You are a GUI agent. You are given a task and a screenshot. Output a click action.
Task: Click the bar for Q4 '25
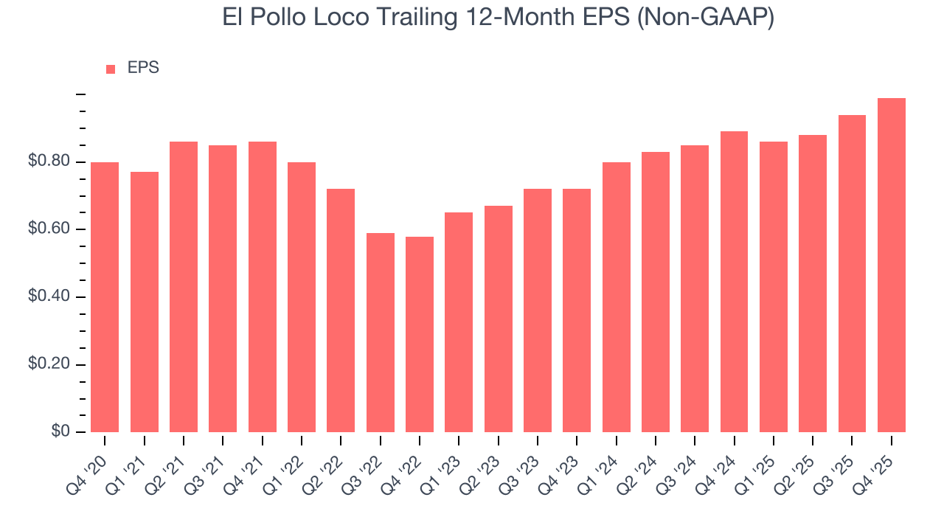[891, 265]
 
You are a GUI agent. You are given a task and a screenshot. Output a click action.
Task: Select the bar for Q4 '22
[420, 334]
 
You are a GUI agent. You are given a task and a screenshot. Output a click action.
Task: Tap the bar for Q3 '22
[380, 333]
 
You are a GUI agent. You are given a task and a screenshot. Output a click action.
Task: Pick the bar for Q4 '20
[105, 297]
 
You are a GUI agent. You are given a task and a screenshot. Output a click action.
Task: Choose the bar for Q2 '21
[184, 287]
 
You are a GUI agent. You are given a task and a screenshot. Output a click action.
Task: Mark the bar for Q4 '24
[734, 282]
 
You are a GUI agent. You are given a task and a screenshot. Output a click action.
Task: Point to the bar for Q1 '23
[459, 322]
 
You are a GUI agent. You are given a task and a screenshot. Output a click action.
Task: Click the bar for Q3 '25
[852, 274]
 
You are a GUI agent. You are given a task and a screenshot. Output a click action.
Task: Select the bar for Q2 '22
[341, 310]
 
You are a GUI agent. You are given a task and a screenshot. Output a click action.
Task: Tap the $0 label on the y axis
[60, 431]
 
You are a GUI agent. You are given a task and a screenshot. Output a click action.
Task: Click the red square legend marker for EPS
[111, 69]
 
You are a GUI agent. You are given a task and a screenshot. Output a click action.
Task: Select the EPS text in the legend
[143, 68]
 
